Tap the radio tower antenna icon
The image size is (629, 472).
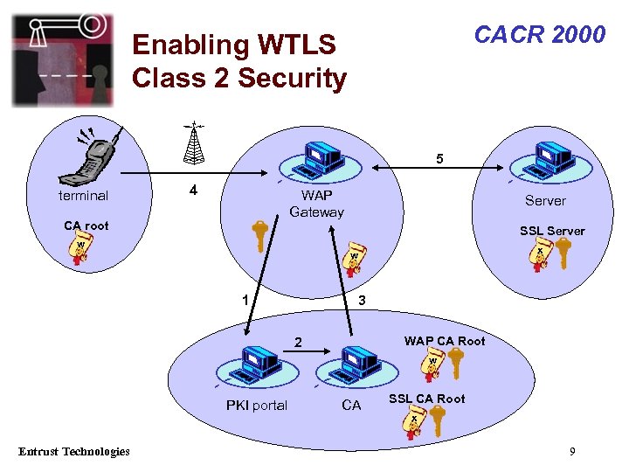194,144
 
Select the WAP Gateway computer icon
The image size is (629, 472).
318,162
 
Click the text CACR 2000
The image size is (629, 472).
539,34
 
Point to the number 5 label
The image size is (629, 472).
440,159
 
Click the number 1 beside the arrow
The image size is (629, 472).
246,300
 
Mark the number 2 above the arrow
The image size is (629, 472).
297,342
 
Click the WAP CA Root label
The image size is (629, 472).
444,341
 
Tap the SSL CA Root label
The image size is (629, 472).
426,399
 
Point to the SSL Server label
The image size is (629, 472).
552,231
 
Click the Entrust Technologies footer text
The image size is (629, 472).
74,451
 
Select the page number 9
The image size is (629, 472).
571,451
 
